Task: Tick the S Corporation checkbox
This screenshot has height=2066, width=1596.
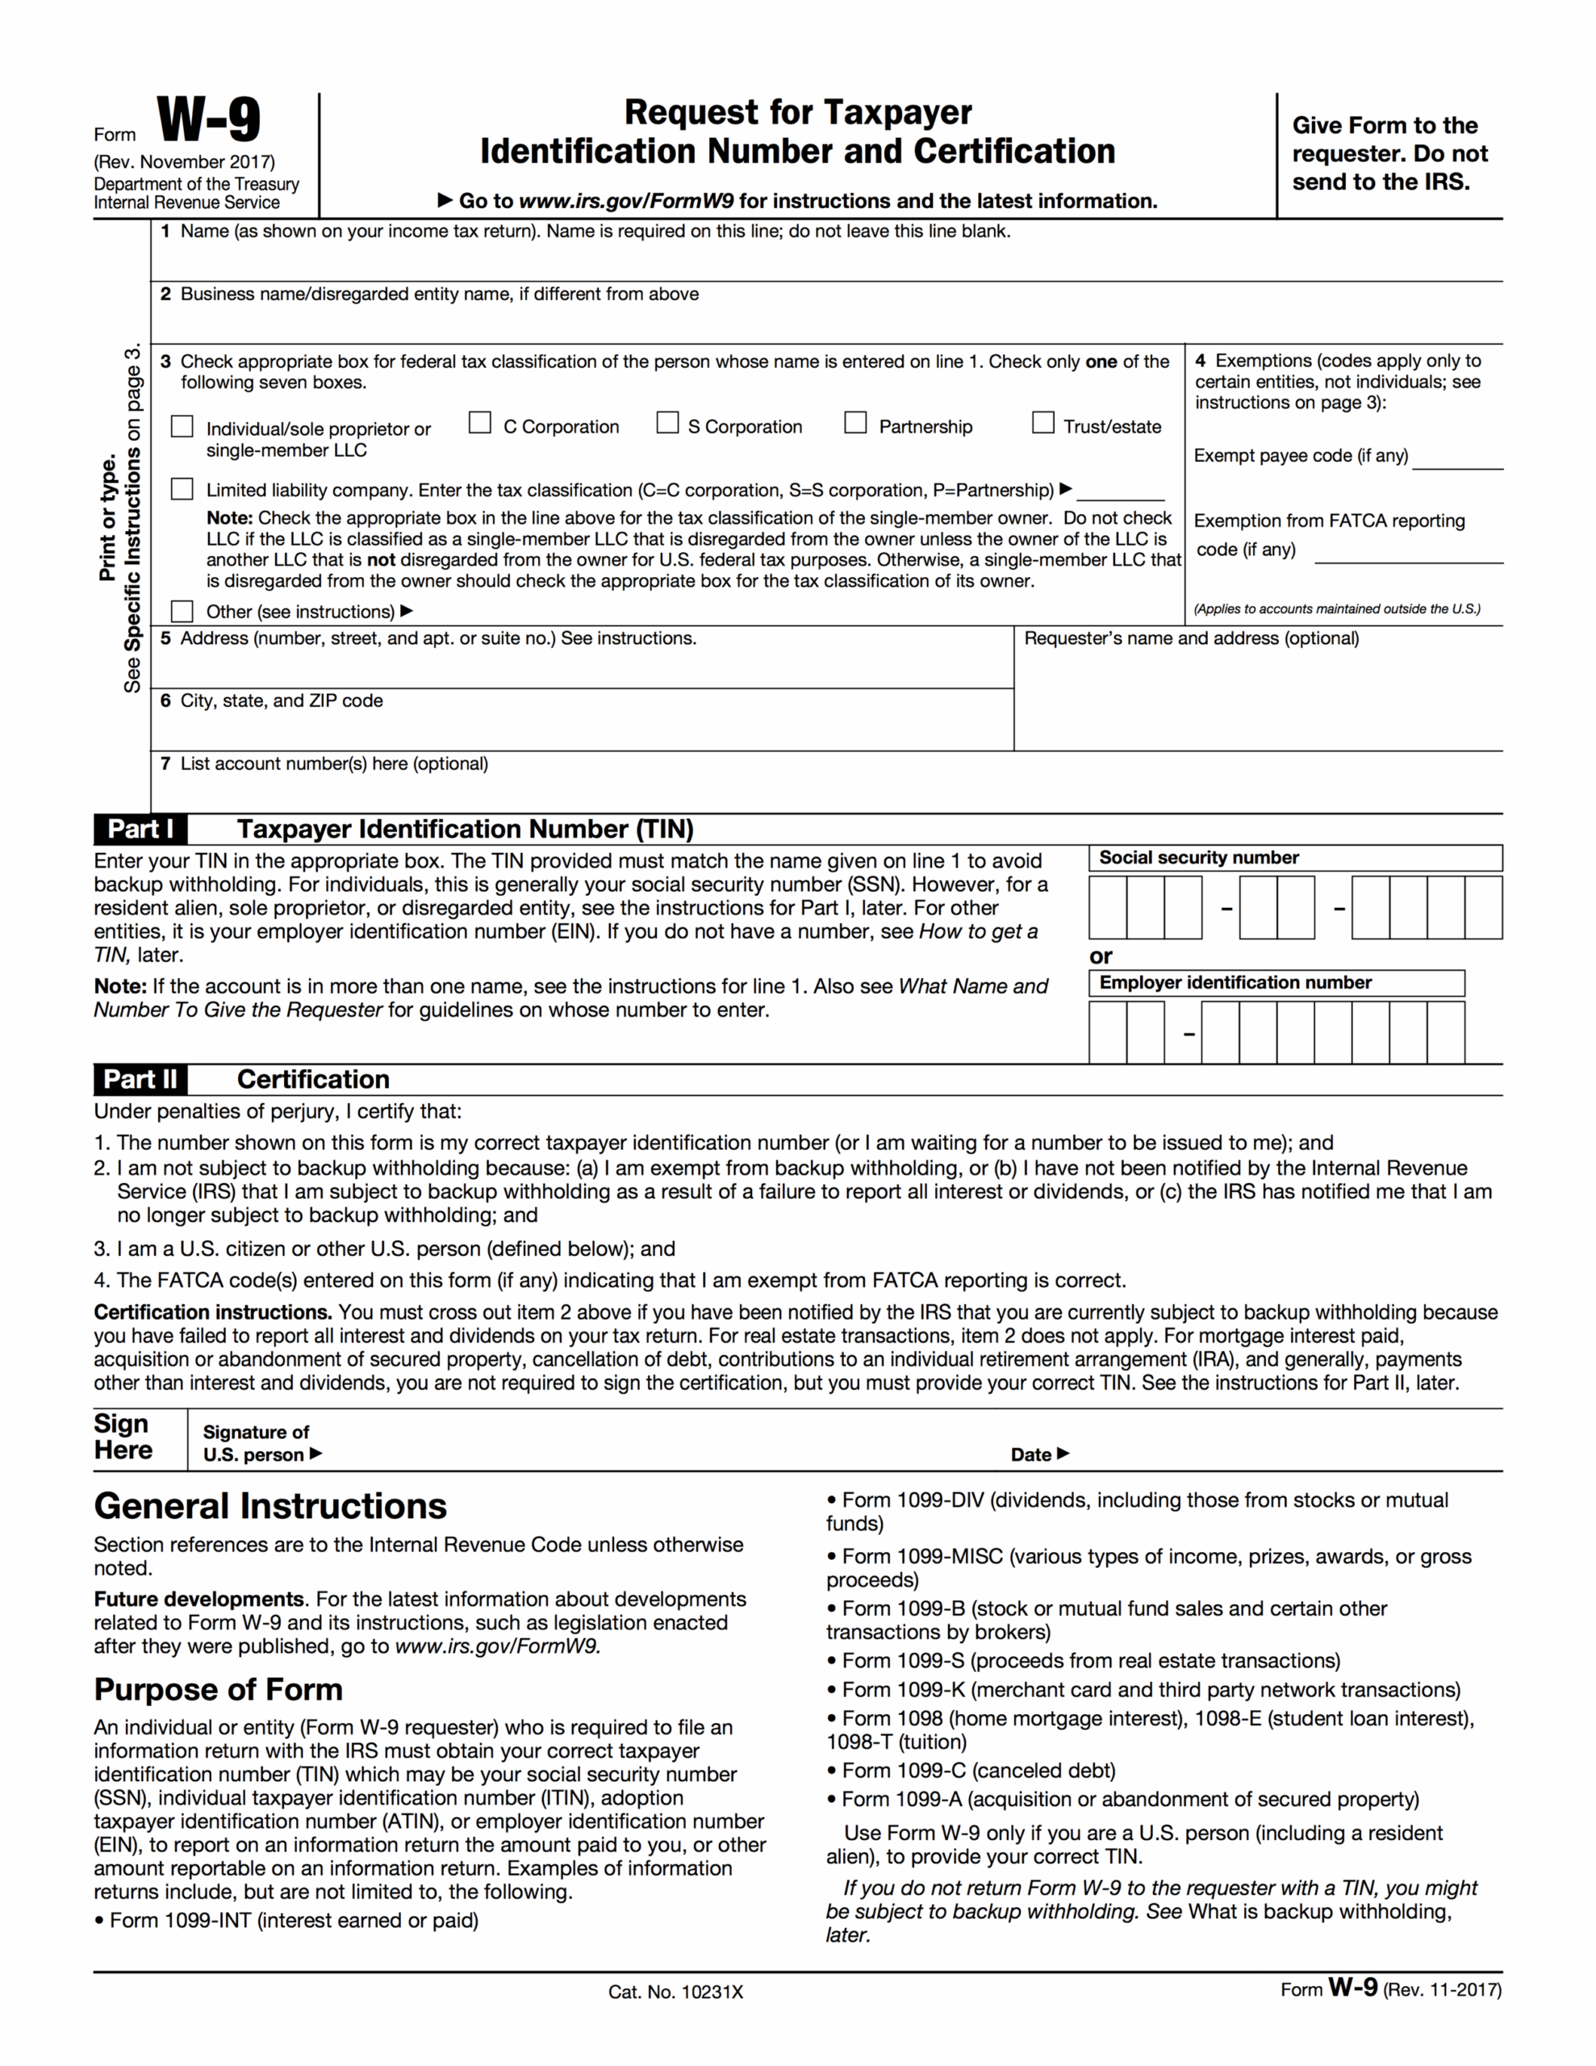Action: [x=668, y=423]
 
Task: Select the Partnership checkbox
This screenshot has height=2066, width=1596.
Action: [x=855, y=423]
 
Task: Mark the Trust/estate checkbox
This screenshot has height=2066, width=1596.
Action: [x=1042, y=423]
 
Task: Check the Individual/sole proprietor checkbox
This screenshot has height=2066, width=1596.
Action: [x=182, y=427]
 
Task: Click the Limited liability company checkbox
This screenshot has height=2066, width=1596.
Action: [x=182, y=489]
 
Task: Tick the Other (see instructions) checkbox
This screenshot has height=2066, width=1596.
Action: [x=182, y=611]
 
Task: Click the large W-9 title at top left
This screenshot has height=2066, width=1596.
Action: [x=208, y=120]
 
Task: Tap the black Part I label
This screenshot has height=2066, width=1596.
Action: [x=140, y=830]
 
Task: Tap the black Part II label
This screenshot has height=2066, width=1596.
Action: [x=140, y=1079]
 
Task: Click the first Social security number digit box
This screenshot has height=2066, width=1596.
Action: [x=1108, y=907]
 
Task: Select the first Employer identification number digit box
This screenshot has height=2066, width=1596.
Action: [x=1108, y=1032]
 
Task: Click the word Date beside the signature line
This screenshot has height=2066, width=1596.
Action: [x=1031, y=1455]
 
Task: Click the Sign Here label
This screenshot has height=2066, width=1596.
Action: [x=123, y=1437]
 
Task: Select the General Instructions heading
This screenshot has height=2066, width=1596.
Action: [x=270, y=1507]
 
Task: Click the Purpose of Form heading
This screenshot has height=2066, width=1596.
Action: [x=219, y=1689]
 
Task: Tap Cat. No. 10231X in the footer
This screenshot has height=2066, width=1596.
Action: [x=675, y=1993]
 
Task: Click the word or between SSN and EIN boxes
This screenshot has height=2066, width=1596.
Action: [x=1101, y=956]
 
